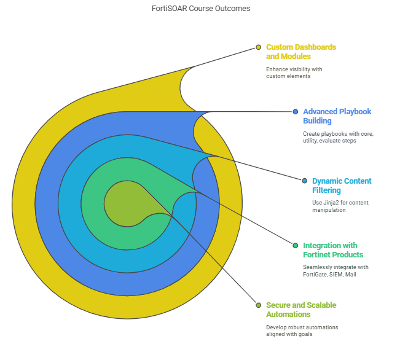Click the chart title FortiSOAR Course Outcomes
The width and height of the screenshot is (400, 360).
[x=201, y=9]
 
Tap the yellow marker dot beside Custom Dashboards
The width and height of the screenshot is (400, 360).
[x=259, y=47]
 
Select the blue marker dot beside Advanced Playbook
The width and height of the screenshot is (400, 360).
[x=296, y=112]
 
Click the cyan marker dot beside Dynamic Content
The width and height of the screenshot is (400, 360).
[x=305, y=181]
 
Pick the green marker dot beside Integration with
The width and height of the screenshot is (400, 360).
[x=296, y=246]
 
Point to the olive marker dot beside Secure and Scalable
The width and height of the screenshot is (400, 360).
[x=259, y=305]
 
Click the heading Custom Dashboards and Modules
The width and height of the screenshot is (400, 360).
[x=301, y=52]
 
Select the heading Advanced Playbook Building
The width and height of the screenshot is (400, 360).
[x=337, y=116]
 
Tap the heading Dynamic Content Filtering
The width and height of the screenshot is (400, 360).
[x=342, y=186]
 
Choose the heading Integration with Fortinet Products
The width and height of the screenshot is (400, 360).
[x=333, y=250]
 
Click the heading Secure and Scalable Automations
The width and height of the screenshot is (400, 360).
[x=301, y=310]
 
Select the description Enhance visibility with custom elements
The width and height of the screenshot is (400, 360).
[x=294, y=72]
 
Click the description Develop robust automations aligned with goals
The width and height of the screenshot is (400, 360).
[x=302, y=331]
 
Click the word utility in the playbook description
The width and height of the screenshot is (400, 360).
[x=310, y=141]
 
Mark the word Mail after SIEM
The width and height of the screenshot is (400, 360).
[x=351, y=275]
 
